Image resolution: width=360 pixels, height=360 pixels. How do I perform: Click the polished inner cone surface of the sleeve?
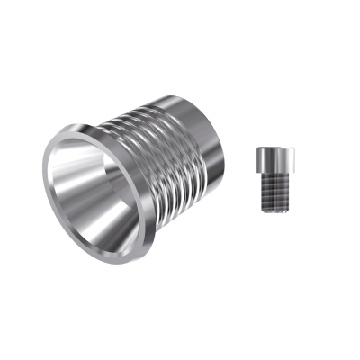pos(99,193)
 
